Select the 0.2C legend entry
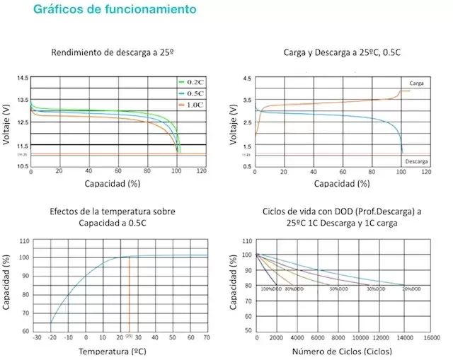193,82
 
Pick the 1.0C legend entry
193,104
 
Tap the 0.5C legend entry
193,93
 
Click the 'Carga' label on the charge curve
416,83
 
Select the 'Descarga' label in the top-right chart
416,161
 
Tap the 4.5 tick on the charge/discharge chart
246,78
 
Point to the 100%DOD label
272,289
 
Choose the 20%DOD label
414,289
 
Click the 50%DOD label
338,289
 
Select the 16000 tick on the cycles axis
432,338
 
